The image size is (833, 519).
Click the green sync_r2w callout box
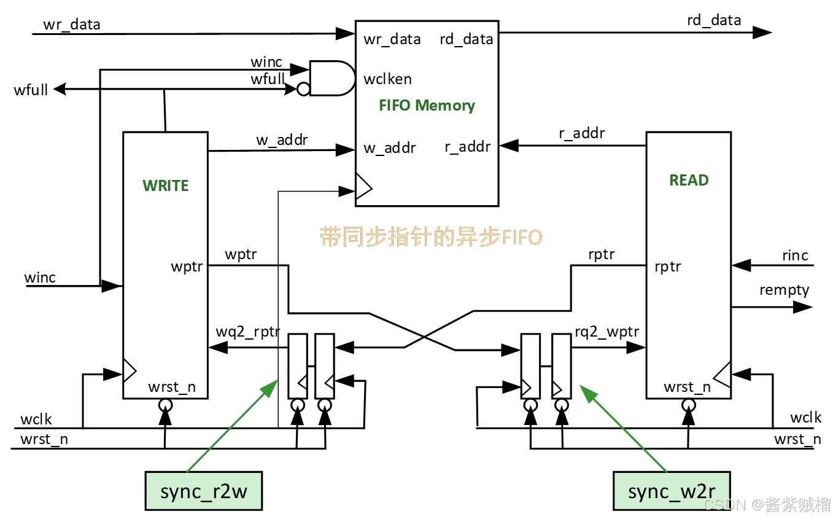point(203,491)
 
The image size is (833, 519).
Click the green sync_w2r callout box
point(672,491)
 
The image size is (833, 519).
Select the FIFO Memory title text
point(427,105)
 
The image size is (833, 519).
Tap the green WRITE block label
point(165,185)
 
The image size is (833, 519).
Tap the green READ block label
point(689,180)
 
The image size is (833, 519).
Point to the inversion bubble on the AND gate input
point(303,90)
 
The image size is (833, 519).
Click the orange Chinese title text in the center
point(431,237)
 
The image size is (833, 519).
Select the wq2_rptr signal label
point(247,332)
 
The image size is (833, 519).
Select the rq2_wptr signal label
point(606,332)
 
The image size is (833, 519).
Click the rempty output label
point(784,290)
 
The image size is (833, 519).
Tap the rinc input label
point(795,256)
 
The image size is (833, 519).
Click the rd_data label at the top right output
point(714,20)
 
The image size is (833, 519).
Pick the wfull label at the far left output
point(31,91)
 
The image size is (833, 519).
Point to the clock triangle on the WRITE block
point(129,371)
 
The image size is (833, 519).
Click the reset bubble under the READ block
point(689,405)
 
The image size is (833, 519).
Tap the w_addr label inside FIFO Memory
point(389,148)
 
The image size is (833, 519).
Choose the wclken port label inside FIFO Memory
point(387,79)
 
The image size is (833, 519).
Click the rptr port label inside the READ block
point(667,267)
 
